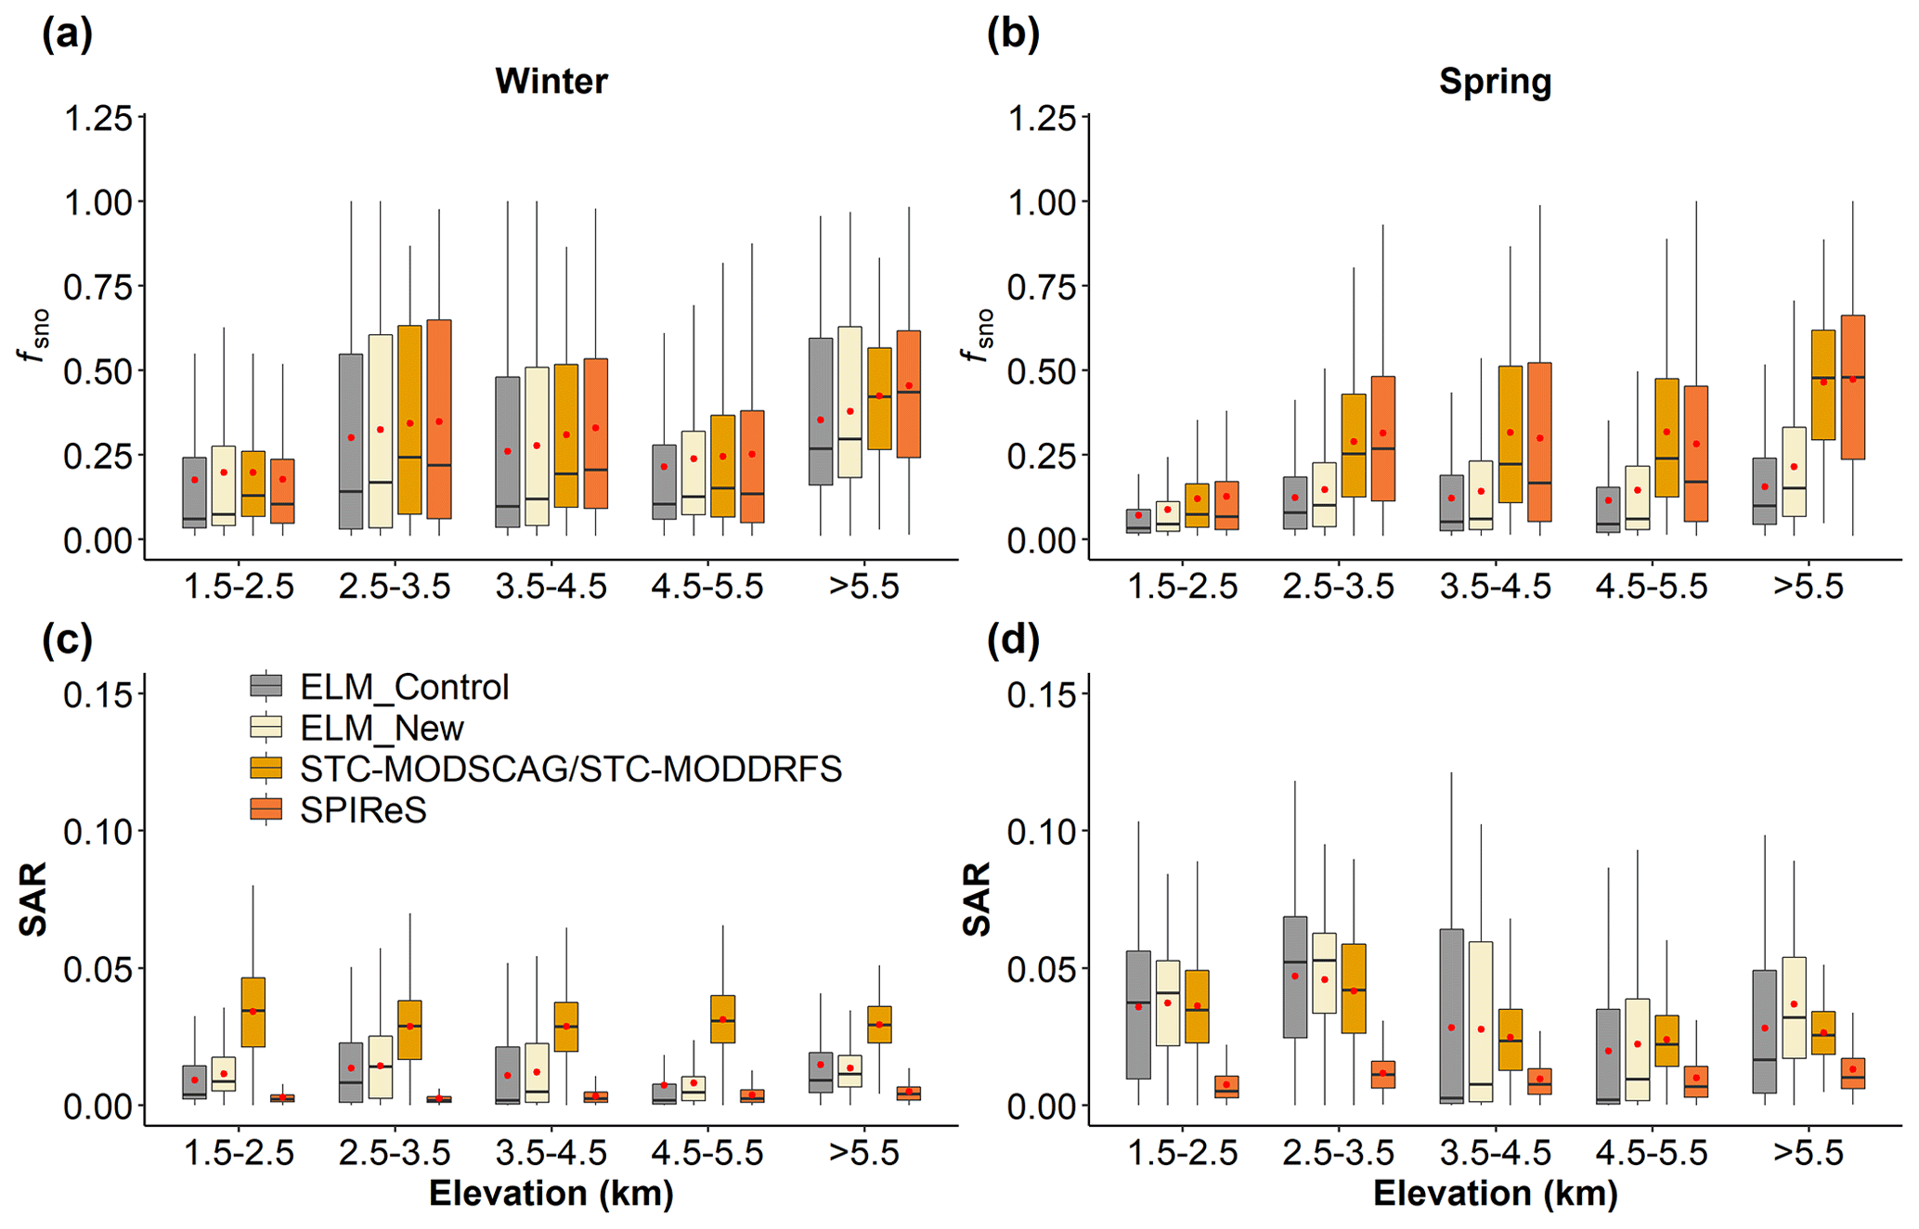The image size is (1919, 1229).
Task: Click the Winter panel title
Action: (551, 82)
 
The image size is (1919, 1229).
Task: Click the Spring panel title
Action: (1495, 82)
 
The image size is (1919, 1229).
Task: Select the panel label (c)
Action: (67, 640)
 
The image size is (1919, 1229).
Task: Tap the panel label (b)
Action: (1012, 34)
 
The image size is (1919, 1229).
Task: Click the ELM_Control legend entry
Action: (404, 688)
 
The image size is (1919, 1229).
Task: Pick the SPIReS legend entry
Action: (363, 810)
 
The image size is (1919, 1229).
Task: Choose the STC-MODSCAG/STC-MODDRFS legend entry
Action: (570, 769)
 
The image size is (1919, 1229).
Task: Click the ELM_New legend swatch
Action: (266, 728)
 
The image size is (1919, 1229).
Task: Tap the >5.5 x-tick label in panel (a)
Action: (863, 587)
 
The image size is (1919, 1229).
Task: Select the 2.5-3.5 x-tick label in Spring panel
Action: (1338, 587)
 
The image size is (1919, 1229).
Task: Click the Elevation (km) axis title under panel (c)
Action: (551, 1194)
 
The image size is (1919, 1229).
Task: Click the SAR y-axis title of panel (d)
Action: (978, 899)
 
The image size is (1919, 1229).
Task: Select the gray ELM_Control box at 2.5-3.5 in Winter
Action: (351, 441)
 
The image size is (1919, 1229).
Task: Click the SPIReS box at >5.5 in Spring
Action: (1852, 387)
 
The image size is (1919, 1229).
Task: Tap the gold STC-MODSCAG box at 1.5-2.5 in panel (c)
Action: (253, 1012)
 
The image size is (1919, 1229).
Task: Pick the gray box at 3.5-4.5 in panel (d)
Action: (1451, 1016)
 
